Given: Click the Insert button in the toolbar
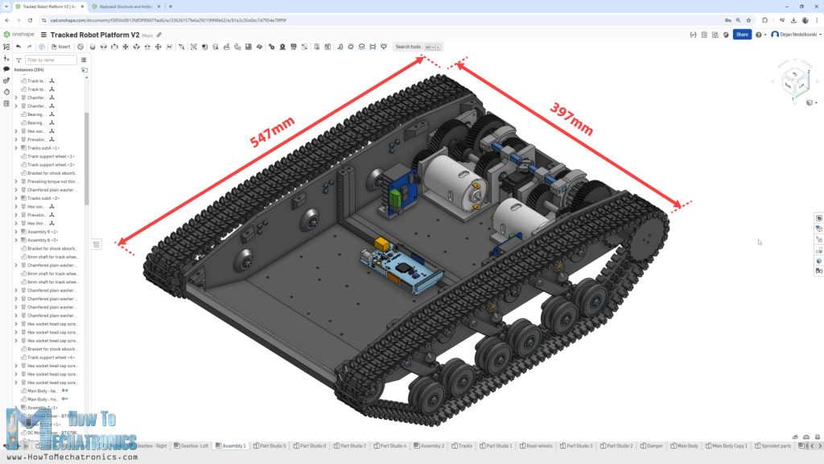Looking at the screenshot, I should click(x=60, y=47).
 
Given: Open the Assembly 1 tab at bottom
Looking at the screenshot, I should click(x=233, y=445).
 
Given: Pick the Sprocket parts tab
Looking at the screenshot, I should click(x=773, y=445).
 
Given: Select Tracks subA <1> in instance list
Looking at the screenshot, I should click(x=43, y=148).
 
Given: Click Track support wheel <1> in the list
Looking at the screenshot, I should click(x=51, y=156).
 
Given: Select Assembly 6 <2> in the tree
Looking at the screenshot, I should click(x=43, y=240).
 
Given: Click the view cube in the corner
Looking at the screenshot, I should click(x=797, y=81).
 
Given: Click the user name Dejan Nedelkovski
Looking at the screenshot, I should click(x=796, y=35).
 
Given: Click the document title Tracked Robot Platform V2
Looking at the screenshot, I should click(x=94, y=35).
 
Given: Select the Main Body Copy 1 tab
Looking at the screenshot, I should click(x=729, y=445).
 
